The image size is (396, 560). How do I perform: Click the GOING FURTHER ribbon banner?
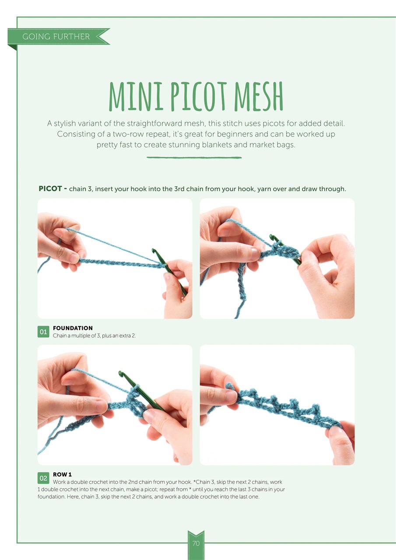pyautogui.click(x=59, y=36)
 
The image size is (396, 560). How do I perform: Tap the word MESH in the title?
pyautogui.click(x=259, y=96)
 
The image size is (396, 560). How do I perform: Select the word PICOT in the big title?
pyautogui.click(x=199, y=97)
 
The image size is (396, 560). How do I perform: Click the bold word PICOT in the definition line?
pyautogui.click(x=50, y=189)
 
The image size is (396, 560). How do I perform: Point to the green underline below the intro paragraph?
pyautogui.click(x=194, y=157)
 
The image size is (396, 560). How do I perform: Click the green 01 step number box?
pyautogui.click(x=43, y=332)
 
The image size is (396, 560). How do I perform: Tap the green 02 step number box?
pyautogui.click(x=43, y=478)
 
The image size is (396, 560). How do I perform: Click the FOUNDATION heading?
pyautogui.click(x=73, y=328)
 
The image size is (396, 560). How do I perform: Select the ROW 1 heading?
pyautogui.click(x=62, y=475)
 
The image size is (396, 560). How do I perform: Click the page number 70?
pyautogui.click(x=196, y=543)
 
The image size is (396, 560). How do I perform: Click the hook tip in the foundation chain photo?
pyautogui.click(x=154, y=250)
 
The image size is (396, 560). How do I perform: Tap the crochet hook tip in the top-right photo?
pyautogui.click(x=272, y=236)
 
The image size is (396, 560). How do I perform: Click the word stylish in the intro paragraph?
pyautogui.click(x=65, y=123)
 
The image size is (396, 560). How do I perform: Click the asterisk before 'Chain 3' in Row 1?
pyautogui.click(x=195, y=482)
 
